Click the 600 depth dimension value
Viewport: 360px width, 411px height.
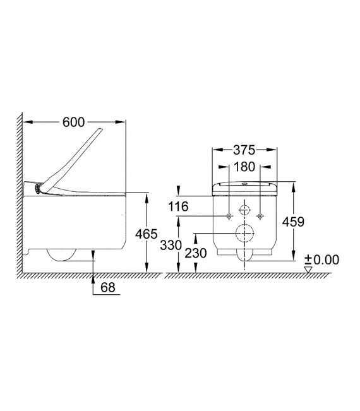click(x=74, y=122)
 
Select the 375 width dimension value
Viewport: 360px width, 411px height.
click(x=244, y=150)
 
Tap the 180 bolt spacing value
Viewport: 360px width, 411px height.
click(x=244, y=167)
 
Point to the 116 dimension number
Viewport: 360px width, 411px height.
click(x=178, y=206)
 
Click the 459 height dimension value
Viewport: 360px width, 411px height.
click(x=293, y=222)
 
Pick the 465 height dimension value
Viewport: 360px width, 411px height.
click(x=147, y=234)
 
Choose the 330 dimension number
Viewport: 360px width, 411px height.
click(x=171, y=246)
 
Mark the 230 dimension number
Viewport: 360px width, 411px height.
click(x=196, y=253)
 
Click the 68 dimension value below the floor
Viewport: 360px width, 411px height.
click(x=108, y=287)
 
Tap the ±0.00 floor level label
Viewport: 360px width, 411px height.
click(x=321, y=259)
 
